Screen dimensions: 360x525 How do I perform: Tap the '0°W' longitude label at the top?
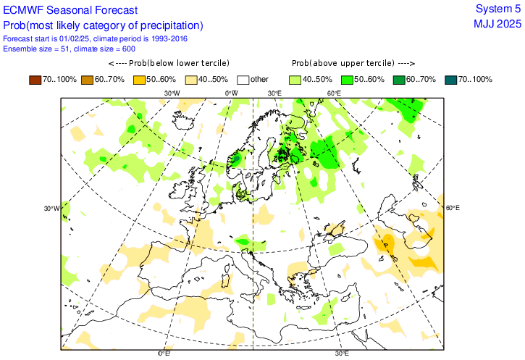[232, 93]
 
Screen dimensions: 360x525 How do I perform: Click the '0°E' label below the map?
[164, 353]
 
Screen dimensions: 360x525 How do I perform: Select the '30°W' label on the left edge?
[50, 209]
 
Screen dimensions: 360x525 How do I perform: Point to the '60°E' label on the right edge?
[452, 209]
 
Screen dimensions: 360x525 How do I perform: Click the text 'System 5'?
[497, 9]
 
